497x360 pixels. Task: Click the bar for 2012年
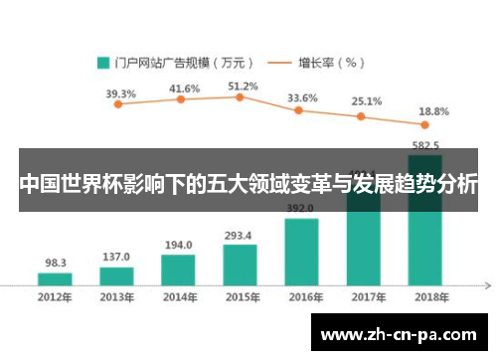point(56,279)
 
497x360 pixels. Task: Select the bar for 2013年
point(116,276)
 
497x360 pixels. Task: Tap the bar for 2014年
point(178,270)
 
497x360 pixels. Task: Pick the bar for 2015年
point(240,265)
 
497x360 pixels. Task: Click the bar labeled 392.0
point(301,252)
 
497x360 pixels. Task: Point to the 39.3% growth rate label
point(120,93)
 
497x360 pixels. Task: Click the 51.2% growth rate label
point(243,87)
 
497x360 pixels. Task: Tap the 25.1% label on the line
point(367,101)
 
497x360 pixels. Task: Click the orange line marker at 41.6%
point(181,99)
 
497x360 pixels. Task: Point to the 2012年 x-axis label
point(56,297)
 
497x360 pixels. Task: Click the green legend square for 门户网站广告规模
point(102,62)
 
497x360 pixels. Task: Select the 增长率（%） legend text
point(332,62)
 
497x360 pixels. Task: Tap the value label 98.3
point(56,264)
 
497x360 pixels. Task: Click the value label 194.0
point(178,245)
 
